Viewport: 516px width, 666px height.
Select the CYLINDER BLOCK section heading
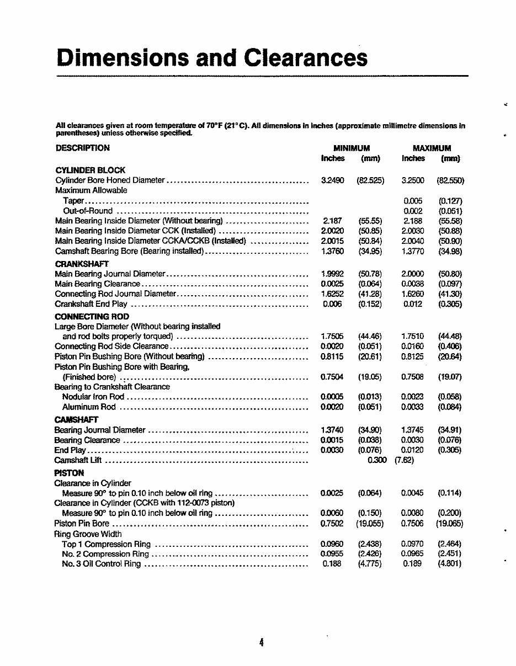(91, 170)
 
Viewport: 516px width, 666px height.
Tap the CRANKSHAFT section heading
(82, 264)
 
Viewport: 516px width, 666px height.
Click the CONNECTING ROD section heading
(92, 316)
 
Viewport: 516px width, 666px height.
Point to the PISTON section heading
(69, 473)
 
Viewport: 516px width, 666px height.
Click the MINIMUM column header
(351, 148)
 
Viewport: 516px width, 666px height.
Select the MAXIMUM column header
(432, 148)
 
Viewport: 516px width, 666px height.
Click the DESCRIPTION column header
(83, 148)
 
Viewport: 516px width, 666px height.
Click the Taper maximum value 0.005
(413, 201)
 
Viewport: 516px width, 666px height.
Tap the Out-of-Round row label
(88, 211)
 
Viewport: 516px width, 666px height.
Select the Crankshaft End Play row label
(91, 304)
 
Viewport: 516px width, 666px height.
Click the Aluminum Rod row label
(89, 407)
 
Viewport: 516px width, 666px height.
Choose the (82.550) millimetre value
(450, 180)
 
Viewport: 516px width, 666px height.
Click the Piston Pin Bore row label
(82, 523)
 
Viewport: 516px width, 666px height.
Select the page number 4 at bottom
(261, 642)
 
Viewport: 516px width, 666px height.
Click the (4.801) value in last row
(450, 564)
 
